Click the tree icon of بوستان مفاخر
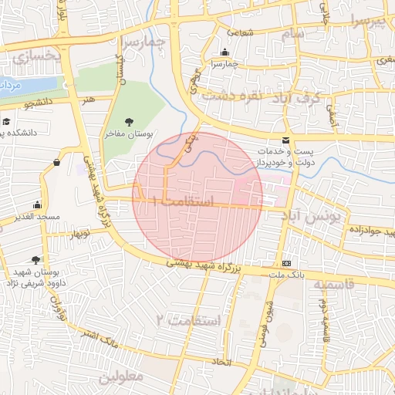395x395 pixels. [129, 121]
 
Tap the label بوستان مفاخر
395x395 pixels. [130, 134]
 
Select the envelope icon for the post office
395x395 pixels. [286, 140]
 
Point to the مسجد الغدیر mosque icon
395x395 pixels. [37, 205]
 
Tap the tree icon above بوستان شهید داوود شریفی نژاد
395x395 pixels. [35, 261]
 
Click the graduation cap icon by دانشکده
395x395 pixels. [6, 121]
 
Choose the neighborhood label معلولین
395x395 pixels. [121, 377]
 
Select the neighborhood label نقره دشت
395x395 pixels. [231, 96]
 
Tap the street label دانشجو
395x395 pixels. [38, 101]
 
